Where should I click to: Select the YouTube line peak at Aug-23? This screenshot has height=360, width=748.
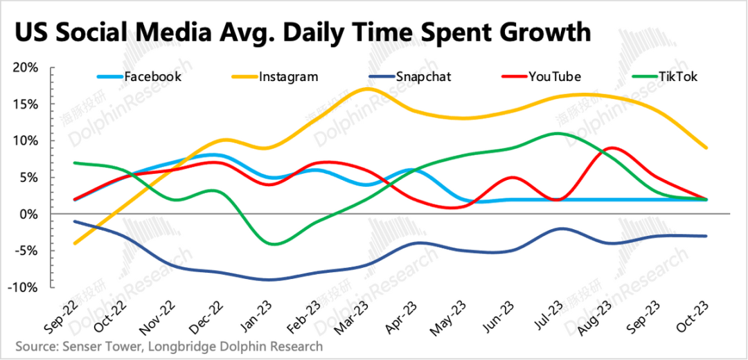tap(612, 147)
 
